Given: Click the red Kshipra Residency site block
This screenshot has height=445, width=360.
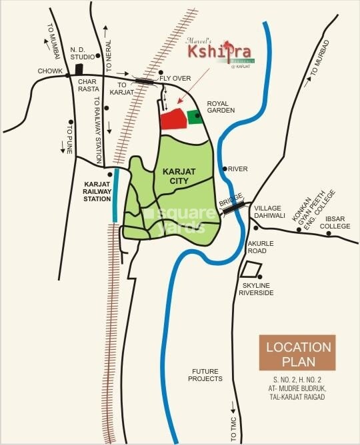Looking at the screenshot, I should pos(174,119).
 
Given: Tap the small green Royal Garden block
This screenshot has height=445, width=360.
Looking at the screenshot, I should pos(195,117).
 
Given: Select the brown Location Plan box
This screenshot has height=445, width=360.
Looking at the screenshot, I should pos(298,354).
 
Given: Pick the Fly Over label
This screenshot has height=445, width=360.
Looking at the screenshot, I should pos(177,79).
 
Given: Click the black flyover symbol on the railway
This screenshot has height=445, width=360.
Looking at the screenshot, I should pos(144,80).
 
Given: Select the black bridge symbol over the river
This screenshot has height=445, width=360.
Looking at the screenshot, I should pos(233,208).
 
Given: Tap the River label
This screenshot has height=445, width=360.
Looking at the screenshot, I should pos(238,169).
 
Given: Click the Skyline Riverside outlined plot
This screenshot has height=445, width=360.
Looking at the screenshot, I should pos(249,270).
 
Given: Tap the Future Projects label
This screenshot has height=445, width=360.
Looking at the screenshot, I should pos(205,374).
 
